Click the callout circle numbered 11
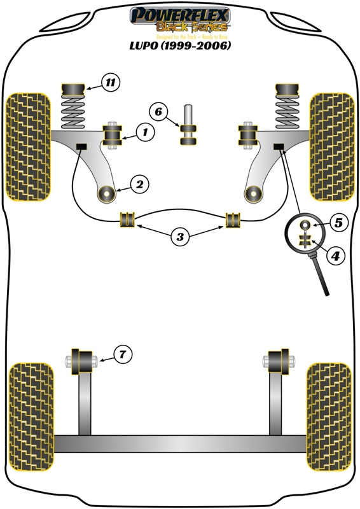(110, 82)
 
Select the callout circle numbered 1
(144, 132)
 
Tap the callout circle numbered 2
(140, 185)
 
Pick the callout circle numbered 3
(181, 237)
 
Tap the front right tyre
(331, 146)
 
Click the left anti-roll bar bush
(128, 220)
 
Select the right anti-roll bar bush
(234, 220)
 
